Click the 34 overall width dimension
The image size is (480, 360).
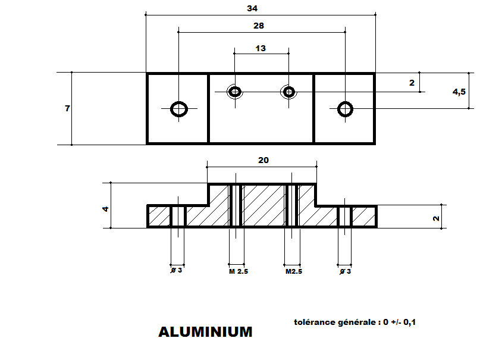(x=252, y=8)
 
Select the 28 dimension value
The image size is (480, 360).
(x=259, y=26)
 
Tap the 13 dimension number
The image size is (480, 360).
(x=261, y=48)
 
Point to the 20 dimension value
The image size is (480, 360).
(x=263, y=160)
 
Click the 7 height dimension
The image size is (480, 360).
(x=67, y=108)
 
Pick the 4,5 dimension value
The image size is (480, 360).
(x=459, y=92)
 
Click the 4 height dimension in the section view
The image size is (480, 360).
(x=106, y=209)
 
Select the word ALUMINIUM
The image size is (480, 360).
(x=205, y=332)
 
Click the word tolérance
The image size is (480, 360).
(x=315, y=322)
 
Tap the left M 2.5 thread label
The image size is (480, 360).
(x=239, y=271)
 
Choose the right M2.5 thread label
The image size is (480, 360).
(x=294, y=271)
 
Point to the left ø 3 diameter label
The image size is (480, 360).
(x=176, y=270)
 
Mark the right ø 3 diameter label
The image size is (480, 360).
(x=346, y=271)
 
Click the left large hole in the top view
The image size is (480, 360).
(x=179, y=109)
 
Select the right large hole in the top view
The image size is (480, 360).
(x=346, y=109)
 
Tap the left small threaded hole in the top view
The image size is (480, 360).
(x=235, y=92)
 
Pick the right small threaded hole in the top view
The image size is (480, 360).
(x=289, y=92)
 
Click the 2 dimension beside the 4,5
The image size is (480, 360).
(x=412, y=83)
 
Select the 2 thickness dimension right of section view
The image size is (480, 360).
(x=436, y=218)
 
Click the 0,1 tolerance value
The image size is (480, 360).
(x=409, y=322)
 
